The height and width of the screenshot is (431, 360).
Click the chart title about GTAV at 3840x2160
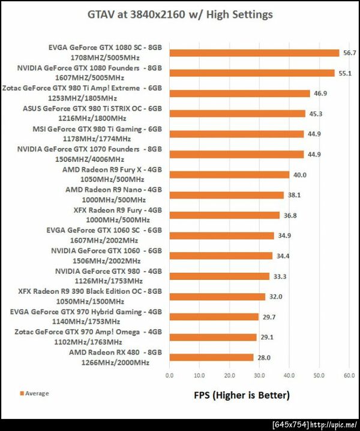pos(179,14)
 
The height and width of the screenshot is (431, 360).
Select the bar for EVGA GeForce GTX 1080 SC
pos(254,53)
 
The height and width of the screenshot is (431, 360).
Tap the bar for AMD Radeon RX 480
pos(211,357)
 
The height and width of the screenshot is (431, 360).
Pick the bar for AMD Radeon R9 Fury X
pos(229,174)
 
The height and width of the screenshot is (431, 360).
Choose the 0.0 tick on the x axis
pos(170,376)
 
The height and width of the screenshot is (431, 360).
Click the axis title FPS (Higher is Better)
pos(241,395)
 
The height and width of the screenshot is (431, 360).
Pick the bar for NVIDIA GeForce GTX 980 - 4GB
pos(220,276)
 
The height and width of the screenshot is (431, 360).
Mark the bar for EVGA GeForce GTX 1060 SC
pos(222,236)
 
